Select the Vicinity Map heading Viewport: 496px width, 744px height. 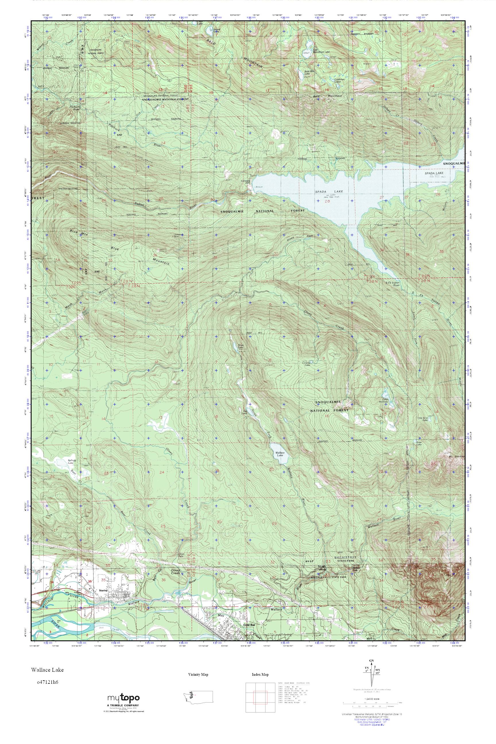[198, 675]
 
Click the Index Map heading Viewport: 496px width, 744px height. [260, 675]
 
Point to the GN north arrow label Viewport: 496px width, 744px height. [371, 669]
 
